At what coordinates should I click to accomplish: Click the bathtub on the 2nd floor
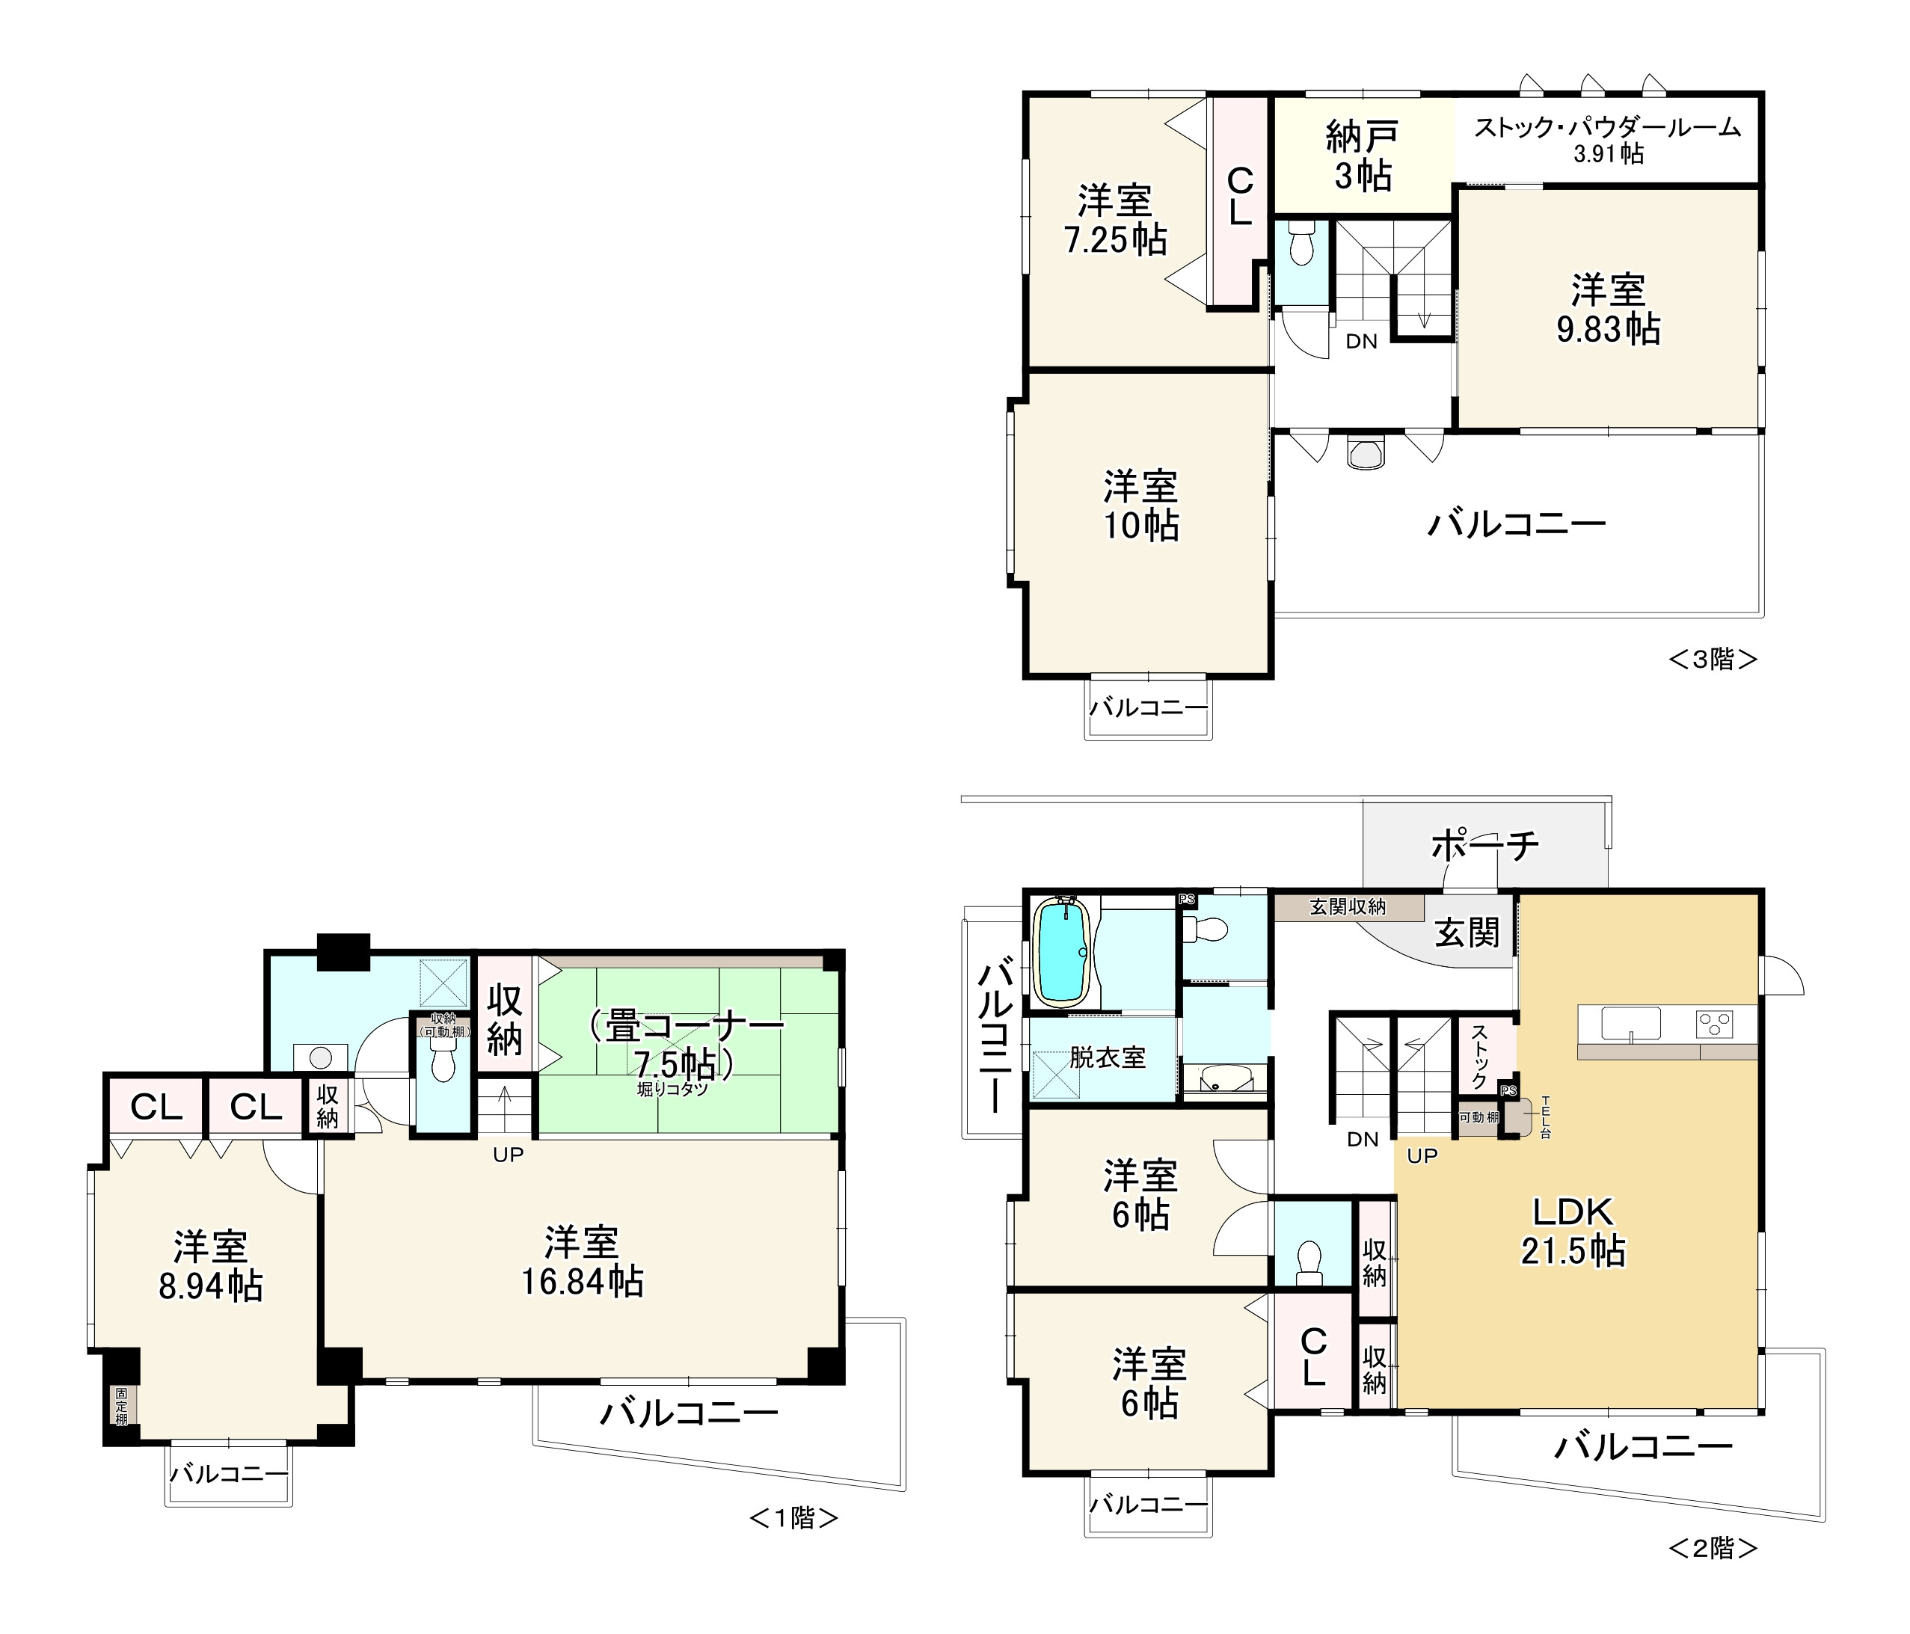click(1062, 951)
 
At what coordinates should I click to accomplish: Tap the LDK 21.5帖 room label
click(1573, 1231)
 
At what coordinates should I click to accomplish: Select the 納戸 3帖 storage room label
click(1363, 156)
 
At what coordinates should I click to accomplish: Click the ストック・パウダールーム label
click(1608, 127)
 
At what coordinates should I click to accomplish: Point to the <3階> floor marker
click(1713, 659)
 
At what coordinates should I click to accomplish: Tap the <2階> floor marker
click(1713, 1548)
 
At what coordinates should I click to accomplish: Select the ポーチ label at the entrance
click(1485, 844)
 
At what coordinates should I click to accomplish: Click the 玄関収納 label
click(1348, 907)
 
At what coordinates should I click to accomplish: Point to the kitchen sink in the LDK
click(1631, 1024)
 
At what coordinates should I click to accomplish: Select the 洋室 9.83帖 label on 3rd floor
click(1609, 310)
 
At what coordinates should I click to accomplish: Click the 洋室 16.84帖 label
click(582, 1262)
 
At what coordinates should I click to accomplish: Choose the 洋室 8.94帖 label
click(211, 1265)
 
